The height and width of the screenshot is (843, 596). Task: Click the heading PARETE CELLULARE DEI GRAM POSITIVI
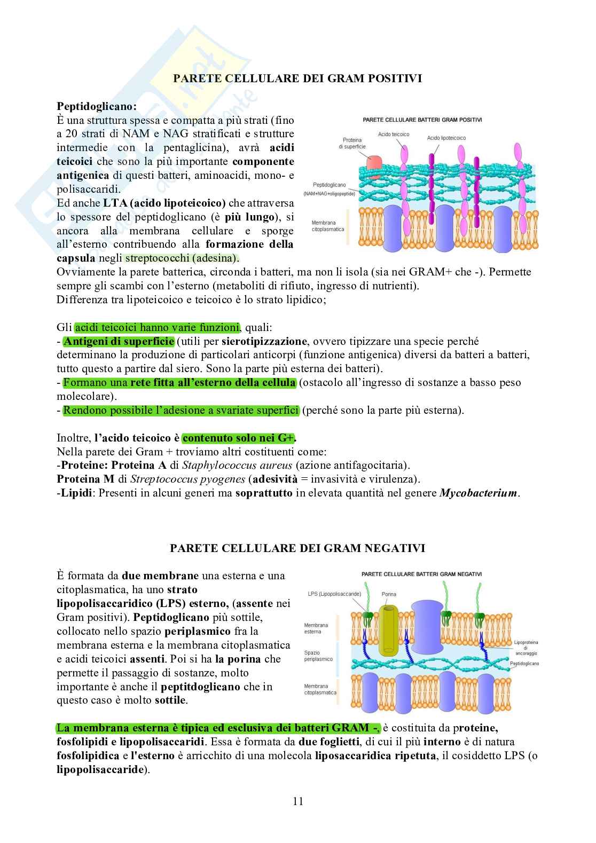297,78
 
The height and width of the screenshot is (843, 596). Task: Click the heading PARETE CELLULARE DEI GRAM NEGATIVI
297,548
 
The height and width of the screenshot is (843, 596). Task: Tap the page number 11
298,801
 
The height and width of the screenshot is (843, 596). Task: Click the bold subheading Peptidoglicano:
97,106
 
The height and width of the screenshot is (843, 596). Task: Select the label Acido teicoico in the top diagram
393,134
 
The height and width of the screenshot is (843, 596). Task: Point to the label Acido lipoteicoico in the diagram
446,138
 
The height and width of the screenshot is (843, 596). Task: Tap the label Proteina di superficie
352,143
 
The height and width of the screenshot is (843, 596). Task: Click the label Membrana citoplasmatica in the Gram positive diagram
328,226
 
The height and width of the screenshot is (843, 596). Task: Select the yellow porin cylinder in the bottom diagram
389,630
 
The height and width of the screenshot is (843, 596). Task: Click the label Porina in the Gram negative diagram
389,594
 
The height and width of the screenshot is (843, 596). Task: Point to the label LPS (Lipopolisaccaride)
335,594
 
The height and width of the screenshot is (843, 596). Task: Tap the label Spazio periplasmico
318,656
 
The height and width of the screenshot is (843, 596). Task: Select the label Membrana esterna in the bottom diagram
316,628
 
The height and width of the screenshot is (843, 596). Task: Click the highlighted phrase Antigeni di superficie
119,341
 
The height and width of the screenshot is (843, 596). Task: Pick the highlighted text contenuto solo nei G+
238,438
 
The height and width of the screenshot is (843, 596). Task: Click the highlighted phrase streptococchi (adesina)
182,258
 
